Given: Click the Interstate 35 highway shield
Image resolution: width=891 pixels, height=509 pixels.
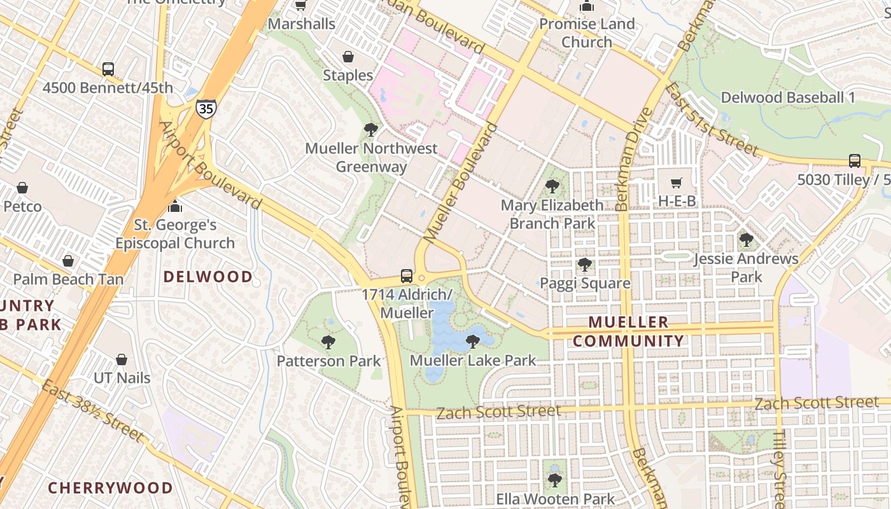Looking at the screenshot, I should point(206,108).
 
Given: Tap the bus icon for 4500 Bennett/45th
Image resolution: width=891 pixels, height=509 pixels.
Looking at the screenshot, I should point(108,69).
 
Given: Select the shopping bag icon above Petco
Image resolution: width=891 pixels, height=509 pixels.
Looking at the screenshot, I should point(22,188).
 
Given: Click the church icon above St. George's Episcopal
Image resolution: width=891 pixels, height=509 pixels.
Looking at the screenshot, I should point(175,206).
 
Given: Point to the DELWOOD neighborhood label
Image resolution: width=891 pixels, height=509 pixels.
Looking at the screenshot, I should point(208,277).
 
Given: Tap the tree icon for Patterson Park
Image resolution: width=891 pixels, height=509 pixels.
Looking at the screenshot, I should point(328,343).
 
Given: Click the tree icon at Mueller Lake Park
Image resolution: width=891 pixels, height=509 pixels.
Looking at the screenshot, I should point(472,342).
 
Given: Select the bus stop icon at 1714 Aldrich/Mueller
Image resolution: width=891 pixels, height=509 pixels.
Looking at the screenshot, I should point(407,276).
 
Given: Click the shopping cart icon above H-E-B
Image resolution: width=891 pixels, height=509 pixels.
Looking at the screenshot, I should point(677,183).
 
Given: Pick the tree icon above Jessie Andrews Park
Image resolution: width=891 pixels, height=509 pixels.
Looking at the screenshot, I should point(746,240).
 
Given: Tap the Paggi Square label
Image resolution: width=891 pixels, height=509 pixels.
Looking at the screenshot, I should point(585,284).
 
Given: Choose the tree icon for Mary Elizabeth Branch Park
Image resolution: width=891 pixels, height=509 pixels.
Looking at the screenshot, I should point(552,186).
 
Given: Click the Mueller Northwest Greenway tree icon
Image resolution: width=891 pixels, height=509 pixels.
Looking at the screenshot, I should point(370,130).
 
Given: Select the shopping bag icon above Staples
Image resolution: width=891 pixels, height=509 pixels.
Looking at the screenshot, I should point(347,57).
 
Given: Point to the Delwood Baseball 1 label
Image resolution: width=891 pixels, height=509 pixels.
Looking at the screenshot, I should point(787,98).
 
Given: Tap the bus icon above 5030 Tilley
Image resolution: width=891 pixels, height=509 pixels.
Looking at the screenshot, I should point(854,161).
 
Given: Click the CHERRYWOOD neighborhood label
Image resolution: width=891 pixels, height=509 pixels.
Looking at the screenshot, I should point(110,488).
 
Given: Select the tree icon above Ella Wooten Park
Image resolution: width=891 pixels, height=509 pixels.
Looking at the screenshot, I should point(555,480).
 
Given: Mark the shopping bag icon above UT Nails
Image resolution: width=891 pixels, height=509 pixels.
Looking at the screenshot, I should point(122,359).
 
